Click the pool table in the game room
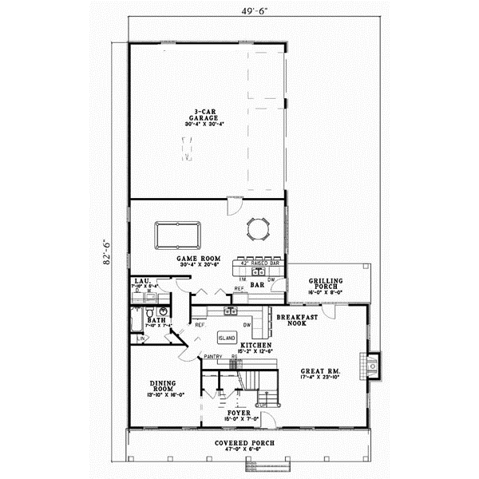coord(177,236)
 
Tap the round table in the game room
coord(257,230)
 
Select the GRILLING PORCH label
coord(326,285)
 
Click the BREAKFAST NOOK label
coord(292,320)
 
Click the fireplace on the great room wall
coord(370,365)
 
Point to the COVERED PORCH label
coord(245,443)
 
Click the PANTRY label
coord(212,356)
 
